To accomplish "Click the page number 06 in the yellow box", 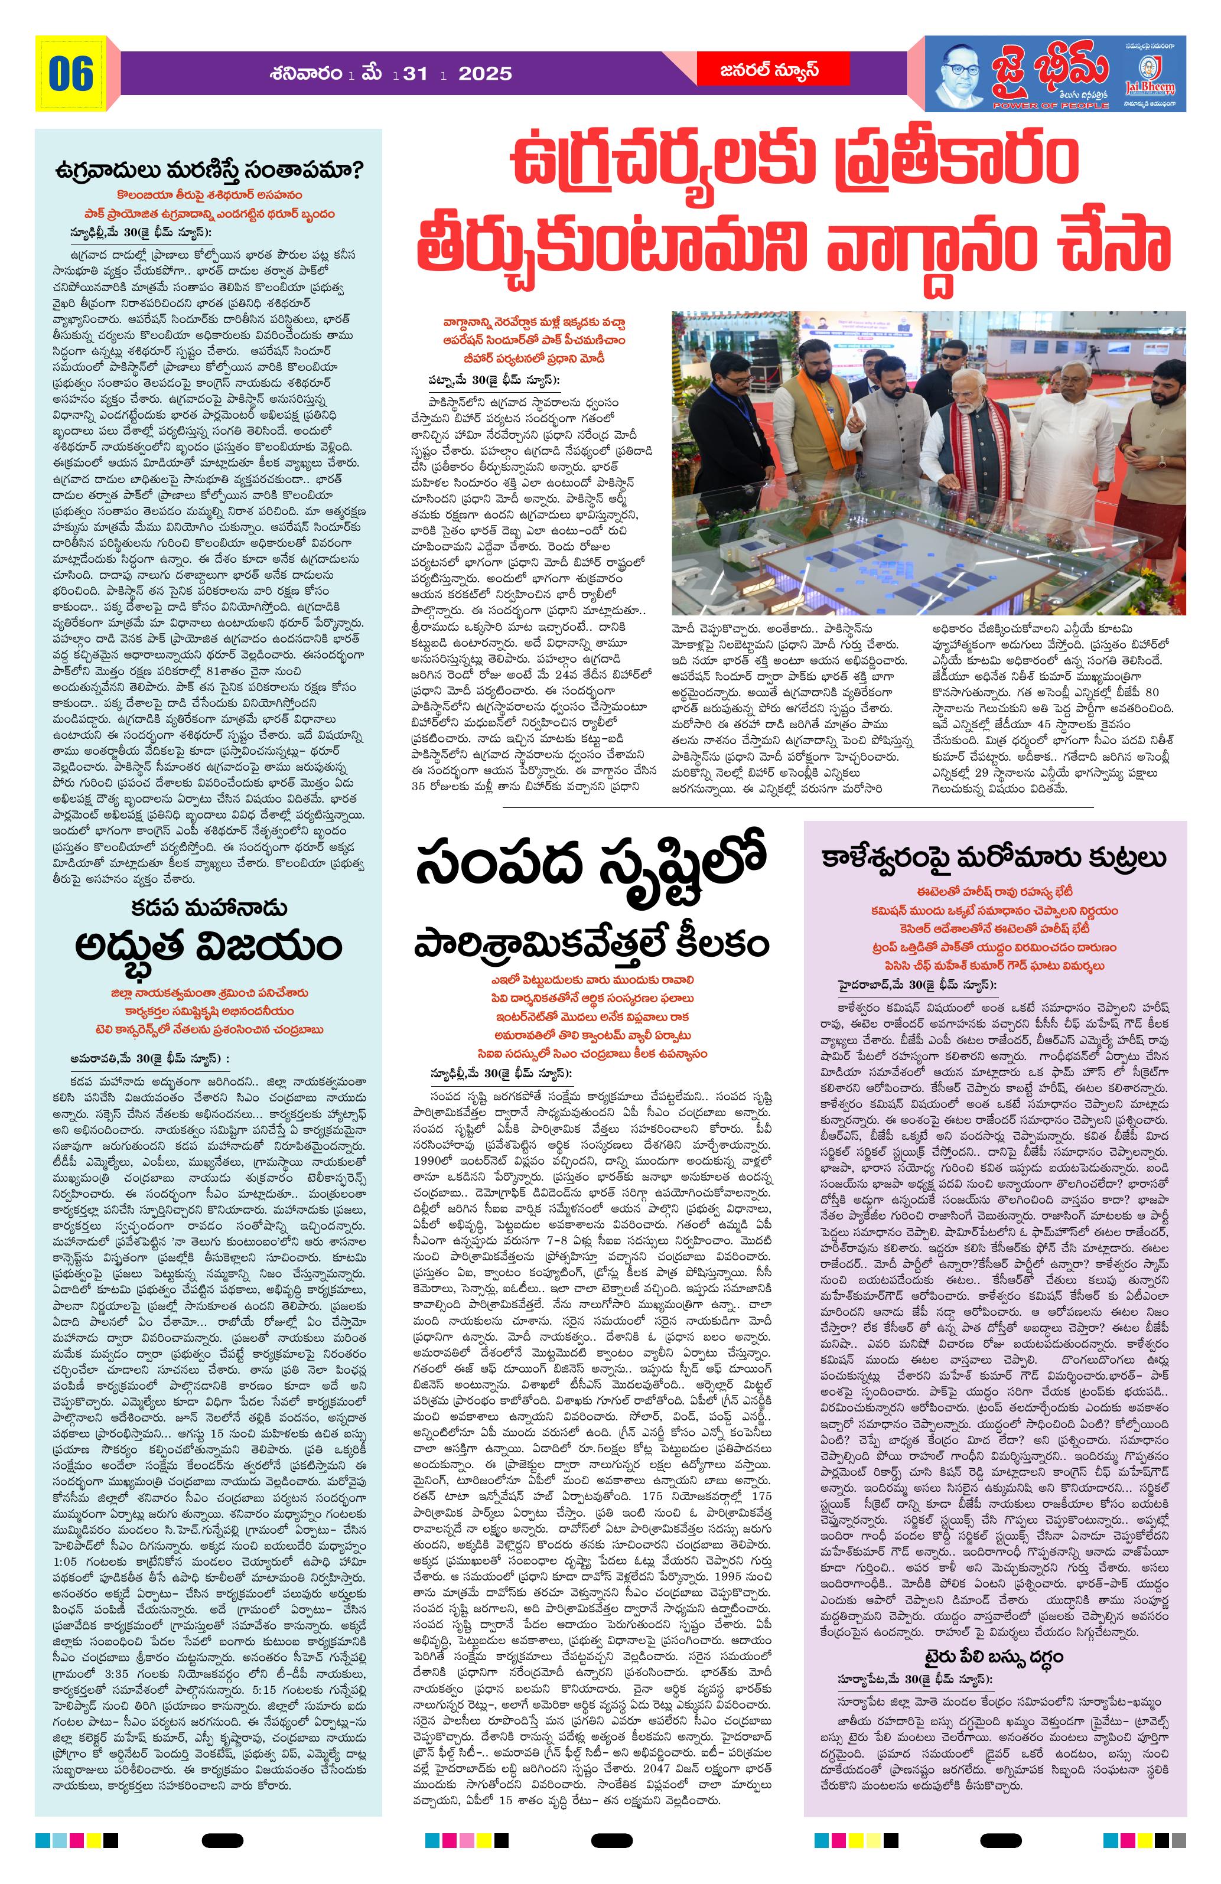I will (x=70, y=74).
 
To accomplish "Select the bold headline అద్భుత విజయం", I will (x=209, y=945).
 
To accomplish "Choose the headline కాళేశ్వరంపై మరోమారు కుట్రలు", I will (x=995, y=858).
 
